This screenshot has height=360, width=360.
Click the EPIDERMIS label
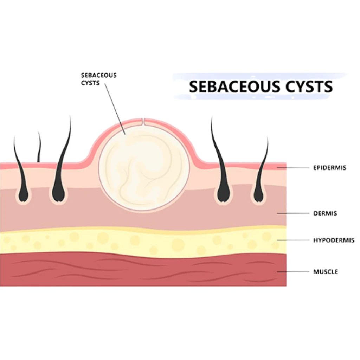tap(329, 168)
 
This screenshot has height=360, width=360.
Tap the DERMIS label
tap(325, 213)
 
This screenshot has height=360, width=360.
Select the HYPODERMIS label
tap(334, 240)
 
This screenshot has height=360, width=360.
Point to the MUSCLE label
tap(325, 272)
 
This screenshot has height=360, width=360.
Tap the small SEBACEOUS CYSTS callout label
tap(99, 79)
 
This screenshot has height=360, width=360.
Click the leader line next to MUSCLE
tap(293, 272)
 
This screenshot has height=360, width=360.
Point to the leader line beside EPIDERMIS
tap(293, 168)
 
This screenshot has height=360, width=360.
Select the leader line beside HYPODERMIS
tap(293, 240)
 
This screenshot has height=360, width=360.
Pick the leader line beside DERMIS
tap(293, 213)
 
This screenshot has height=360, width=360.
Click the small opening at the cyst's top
tap(143, 122)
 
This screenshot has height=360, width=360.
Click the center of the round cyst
tap(144, 168)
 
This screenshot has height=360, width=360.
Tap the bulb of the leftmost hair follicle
tap(24, 194)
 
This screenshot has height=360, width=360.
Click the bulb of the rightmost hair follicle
tap(259, 194)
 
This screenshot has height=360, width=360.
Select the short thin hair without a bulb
tap(39, 147)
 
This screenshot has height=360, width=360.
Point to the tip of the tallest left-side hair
tap(70, 116)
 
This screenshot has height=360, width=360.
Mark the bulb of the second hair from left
tap(59, 193)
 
